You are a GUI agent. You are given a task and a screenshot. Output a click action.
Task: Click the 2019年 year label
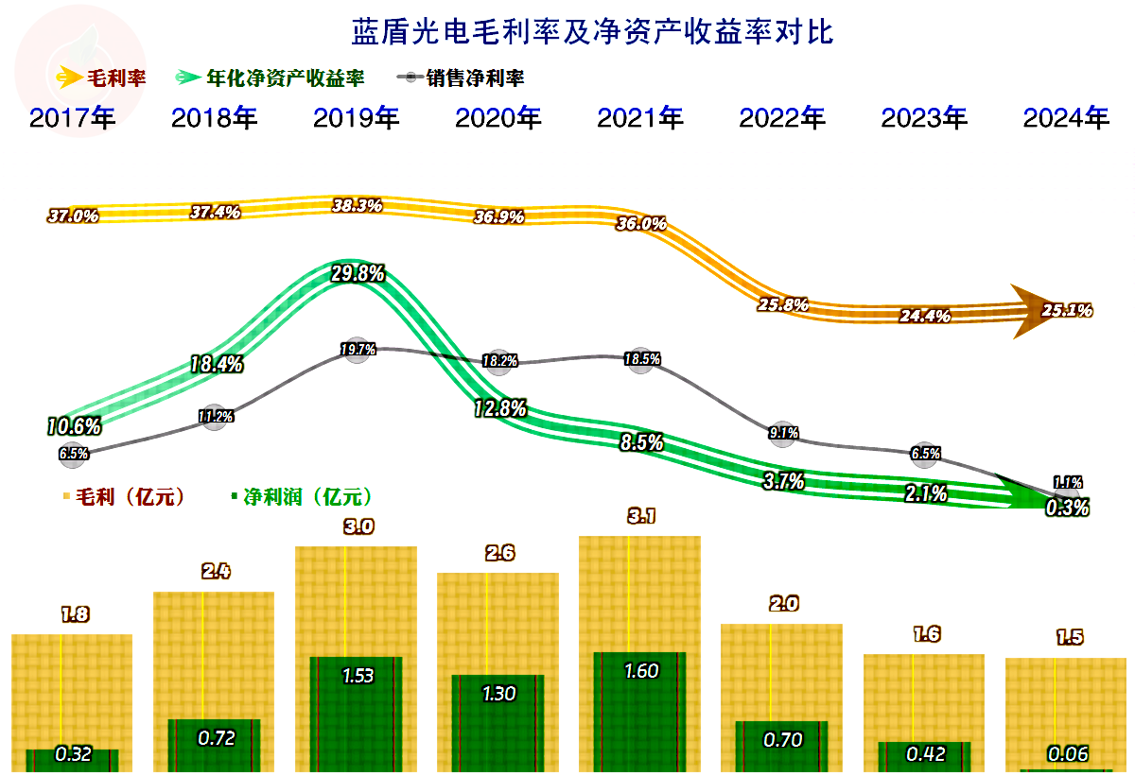[x=356, y=118]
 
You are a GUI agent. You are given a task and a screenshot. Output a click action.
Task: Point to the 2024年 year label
[x=1066, y=118]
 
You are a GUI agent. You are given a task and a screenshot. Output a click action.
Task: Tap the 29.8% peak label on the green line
[x=357, y=274]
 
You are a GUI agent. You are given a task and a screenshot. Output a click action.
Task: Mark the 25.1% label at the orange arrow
[x=1067, y=309]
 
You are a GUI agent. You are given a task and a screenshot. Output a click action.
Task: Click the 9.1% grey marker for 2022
[x=783, y=433]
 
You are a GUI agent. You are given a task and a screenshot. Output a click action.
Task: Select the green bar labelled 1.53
[x=357, y=714]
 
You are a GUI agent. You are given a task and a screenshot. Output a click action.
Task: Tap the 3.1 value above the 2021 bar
[x=640, y=516]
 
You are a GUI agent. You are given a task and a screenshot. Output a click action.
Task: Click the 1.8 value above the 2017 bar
[x=74, y=615]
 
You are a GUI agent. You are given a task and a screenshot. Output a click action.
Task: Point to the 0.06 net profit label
[x=1067, y=754]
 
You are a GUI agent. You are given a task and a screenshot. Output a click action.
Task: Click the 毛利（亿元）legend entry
[x=128, y=496]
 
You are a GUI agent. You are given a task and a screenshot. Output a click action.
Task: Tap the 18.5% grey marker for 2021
[x=641, y=359]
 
